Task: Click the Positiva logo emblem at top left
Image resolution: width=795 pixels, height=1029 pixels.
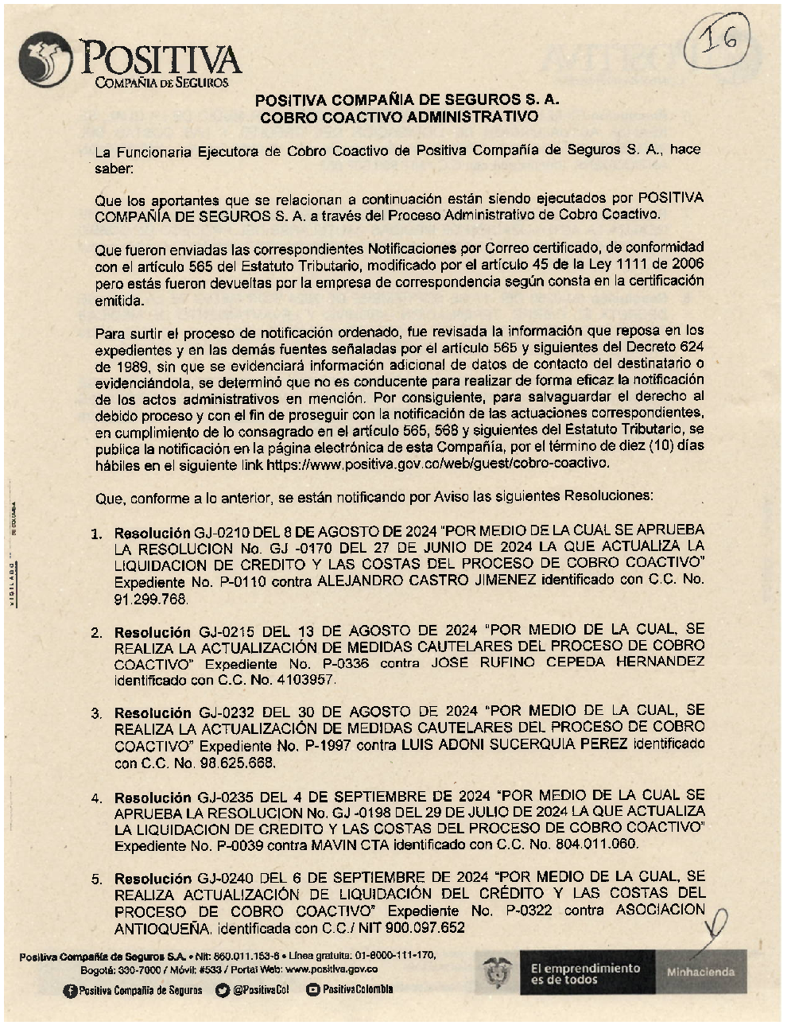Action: point(46,60)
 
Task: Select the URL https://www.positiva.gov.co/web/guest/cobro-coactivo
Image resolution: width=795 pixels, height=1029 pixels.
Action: point(438,463)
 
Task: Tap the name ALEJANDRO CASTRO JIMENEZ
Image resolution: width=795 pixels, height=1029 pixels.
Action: point(426,581)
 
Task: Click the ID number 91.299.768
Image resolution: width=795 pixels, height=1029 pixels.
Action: point(151,599)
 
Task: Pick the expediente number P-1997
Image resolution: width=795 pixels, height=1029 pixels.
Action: point(324,745)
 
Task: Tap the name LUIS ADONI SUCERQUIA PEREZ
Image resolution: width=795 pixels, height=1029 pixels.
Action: point(514,745)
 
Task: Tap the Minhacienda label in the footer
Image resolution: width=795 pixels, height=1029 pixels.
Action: point(700,972)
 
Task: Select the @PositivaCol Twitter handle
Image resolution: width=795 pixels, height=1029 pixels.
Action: point(261,990)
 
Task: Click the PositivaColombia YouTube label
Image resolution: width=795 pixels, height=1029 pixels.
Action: point(357,990)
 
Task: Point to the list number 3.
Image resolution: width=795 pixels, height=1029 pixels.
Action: point(96,713)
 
